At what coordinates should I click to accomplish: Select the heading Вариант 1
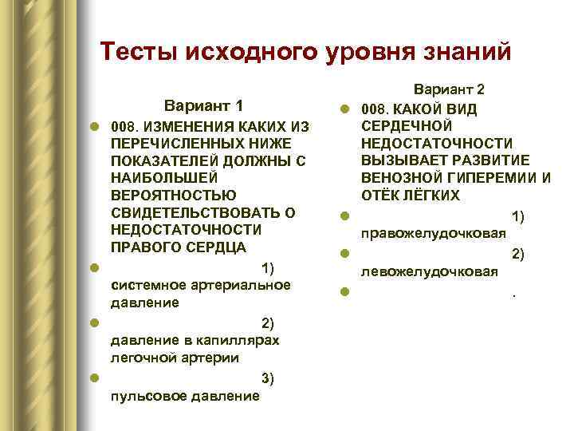tap(203, 106)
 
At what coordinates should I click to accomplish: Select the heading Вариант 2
tap(449, 90)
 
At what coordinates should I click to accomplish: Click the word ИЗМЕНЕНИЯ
tap(188, 127)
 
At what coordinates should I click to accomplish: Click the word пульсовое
tap(147, 396)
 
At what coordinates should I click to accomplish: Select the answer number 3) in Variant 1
tap(268, 378)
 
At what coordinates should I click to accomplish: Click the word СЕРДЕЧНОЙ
tap(407, 125)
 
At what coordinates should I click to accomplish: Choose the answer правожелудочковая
tap(434, 233)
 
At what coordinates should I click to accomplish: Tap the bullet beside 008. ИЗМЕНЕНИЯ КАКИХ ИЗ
tap(94, 128)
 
